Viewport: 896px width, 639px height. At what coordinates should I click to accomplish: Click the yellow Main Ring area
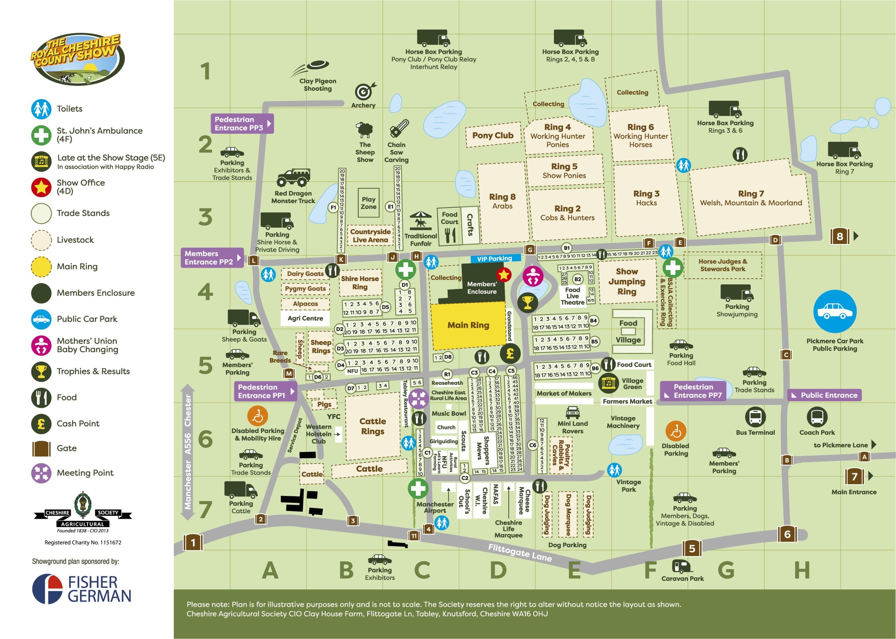click(x=468, y=325)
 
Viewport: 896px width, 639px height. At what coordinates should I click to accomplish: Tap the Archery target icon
click(x=364, y=92)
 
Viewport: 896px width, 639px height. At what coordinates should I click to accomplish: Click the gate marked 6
click(x=787, y=534)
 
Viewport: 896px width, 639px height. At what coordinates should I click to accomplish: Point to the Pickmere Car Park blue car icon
click(x=834, y=311)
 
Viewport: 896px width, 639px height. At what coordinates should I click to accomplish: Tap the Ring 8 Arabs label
click(x=502, y=201)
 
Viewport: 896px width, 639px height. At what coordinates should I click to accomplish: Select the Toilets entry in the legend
click(x=69, y=109)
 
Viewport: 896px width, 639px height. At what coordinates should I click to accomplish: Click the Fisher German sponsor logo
click(x=81, y=589)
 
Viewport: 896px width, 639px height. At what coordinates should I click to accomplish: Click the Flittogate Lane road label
click(x=520, y=553)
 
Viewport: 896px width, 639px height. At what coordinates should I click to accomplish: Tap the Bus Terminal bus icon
click(x=755, y=417)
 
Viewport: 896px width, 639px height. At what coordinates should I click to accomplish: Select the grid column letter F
click(x=650, y=570)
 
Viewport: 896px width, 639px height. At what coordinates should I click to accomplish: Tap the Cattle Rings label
click(x=372, y=426)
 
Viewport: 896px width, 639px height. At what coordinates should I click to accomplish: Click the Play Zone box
click(x=368, y=203)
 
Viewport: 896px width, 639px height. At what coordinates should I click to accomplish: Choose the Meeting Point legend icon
click(x=41, y=473)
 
